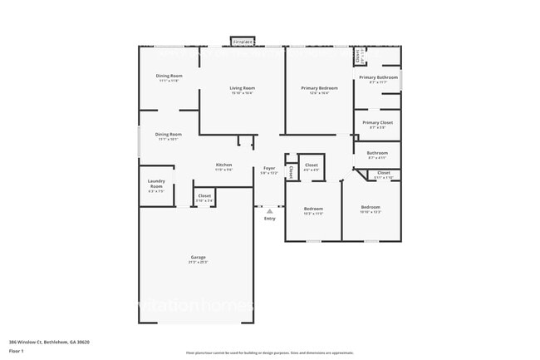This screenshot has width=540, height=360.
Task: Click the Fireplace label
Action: [243, 41]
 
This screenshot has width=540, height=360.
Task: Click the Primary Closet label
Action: [378, 122]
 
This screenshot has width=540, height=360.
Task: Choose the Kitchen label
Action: [223, 165]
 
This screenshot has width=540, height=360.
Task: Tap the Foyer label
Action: [269, 168]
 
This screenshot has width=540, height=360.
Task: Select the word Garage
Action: [198, 257]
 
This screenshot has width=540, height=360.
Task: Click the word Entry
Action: [269, 218]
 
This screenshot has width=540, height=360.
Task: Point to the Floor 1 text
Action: [17, 351]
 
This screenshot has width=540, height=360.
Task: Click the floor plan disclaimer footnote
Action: [269, 353]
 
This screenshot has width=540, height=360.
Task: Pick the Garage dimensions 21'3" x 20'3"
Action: [198, 262]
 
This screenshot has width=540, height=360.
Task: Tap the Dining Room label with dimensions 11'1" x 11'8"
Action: [169, 76]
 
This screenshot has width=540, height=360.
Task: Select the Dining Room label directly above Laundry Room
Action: [169, 134]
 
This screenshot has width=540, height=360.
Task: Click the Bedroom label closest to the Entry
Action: [312, 208]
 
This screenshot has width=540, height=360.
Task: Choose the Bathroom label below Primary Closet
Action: [378, 152]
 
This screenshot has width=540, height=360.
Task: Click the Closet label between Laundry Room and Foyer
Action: [204, 196]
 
